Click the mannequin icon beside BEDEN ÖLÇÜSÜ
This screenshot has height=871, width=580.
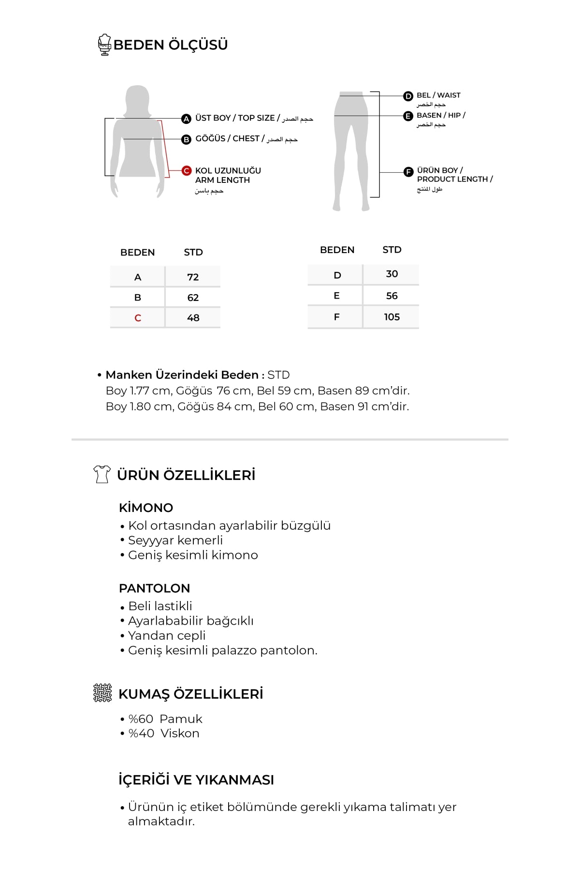tap(104, 45)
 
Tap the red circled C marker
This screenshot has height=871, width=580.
tap(187, 171)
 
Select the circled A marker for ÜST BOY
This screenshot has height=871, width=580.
tap(187, 119)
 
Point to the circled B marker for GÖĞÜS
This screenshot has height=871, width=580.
tap(187, 139)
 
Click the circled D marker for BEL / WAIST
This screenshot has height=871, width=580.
tap(408, 96)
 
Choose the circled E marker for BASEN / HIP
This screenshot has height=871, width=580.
tap(408, 116)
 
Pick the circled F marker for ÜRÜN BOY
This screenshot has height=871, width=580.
tap(408, 171)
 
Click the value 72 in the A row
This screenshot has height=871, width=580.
tap(193, 277)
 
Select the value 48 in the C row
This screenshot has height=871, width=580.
tap(193, 318)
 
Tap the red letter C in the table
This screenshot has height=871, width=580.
tap(138, 318)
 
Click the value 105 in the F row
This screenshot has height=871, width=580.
tap(391, 317)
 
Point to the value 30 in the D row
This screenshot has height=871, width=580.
tap(391, 274)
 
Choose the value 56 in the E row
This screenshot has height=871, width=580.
tap(391, 296)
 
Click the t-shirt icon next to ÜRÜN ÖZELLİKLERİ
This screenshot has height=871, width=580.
tap(101, 474)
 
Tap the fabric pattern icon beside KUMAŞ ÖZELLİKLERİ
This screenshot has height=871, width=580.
tap(102, 693)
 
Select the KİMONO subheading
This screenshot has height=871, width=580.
tap(146, 508)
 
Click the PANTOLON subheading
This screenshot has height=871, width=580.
tap(154, 588)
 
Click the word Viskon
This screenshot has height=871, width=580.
tap(180, 734)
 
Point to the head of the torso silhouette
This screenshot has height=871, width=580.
tap(137, 99)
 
